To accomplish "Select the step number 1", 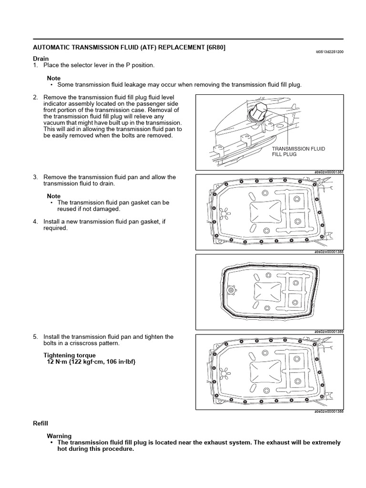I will pos(35,65).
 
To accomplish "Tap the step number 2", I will pos(35,97).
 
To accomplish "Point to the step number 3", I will pos(35,177).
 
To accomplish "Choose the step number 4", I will pos(35,222).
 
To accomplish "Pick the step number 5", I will pos(35,337).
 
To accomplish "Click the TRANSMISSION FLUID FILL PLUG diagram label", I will pos(298,152).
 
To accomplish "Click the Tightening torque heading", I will pos(70,356).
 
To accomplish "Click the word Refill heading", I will pos(41,423).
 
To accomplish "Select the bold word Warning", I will pos(59,436).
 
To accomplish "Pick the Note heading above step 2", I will pos(54,78).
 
